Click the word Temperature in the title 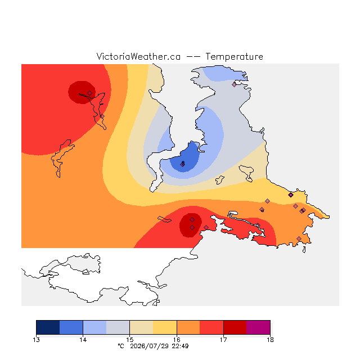click(x=234, y=57)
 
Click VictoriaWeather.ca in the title click(x=138, y=56)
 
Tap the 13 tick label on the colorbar click(x=36, y=340)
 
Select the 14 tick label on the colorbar click(x=83, y=340)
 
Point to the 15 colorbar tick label click(x=130, y=340)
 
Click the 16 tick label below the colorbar click(x=177, y=340)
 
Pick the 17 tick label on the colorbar click(x=223, y=340)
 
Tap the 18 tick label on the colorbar click(x=270, y=340)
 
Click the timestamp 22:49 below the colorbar click(x=180, y=346)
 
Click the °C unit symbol click(x=121, y=346)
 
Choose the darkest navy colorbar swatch click(x=48, y=327)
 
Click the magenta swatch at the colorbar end click(x=258, y=327)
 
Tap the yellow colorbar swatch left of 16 click(x=165, y=327)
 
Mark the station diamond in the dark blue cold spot click(x=182, y=164)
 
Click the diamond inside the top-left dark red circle click(x=90, y=93)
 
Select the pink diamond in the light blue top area click(x=234, y=85)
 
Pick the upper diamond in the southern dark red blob click(x=192, y=220)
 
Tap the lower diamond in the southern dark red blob click(x=192, y=227)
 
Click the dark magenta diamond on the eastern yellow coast click(x=291, y=195)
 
